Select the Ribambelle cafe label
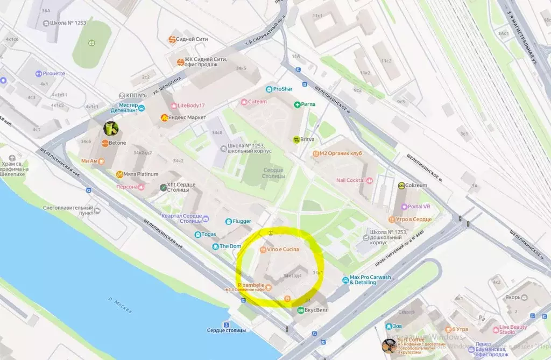249,285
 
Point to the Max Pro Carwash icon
345,280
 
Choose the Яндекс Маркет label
187,117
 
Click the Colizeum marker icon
401,185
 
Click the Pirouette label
53,74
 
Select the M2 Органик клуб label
341,153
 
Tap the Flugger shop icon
228,221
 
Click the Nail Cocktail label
350,180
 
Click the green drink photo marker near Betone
111,128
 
